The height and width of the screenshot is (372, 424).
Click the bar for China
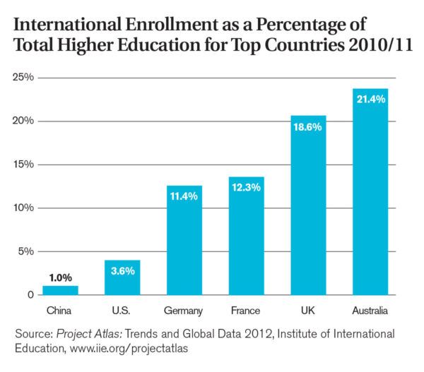[x=60, y=290]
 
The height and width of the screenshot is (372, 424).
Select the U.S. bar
[x=122, y=277]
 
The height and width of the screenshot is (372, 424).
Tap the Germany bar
[x=184, y=240]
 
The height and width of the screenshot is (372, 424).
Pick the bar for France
[x=247, y=236]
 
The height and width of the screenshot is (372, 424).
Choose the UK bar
[x=308, y=205]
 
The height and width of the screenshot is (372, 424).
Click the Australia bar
[x=370, y=191]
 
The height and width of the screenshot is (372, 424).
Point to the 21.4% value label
[x=371, y=100]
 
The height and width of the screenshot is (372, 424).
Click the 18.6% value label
[x=307, y=127]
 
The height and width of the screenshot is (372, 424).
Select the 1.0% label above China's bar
[x=61, y=277]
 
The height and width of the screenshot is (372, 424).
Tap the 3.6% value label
[x=123, y=271]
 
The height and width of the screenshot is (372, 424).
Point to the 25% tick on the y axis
[x=23, y=77]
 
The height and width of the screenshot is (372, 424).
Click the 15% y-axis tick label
[x=23, y=164]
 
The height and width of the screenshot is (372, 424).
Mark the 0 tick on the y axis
[x=30, y=295]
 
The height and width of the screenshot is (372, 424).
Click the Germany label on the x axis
[x=183, y=311]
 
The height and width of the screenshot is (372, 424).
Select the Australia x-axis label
[x=370, y=311]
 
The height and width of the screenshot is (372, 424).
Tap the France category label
[x=245, y=311]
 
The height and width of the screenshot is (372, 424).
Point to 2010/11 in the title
[x=380, y=45]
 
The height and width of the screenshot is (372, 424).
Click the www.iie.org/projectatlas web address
[x=129, y=348]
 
